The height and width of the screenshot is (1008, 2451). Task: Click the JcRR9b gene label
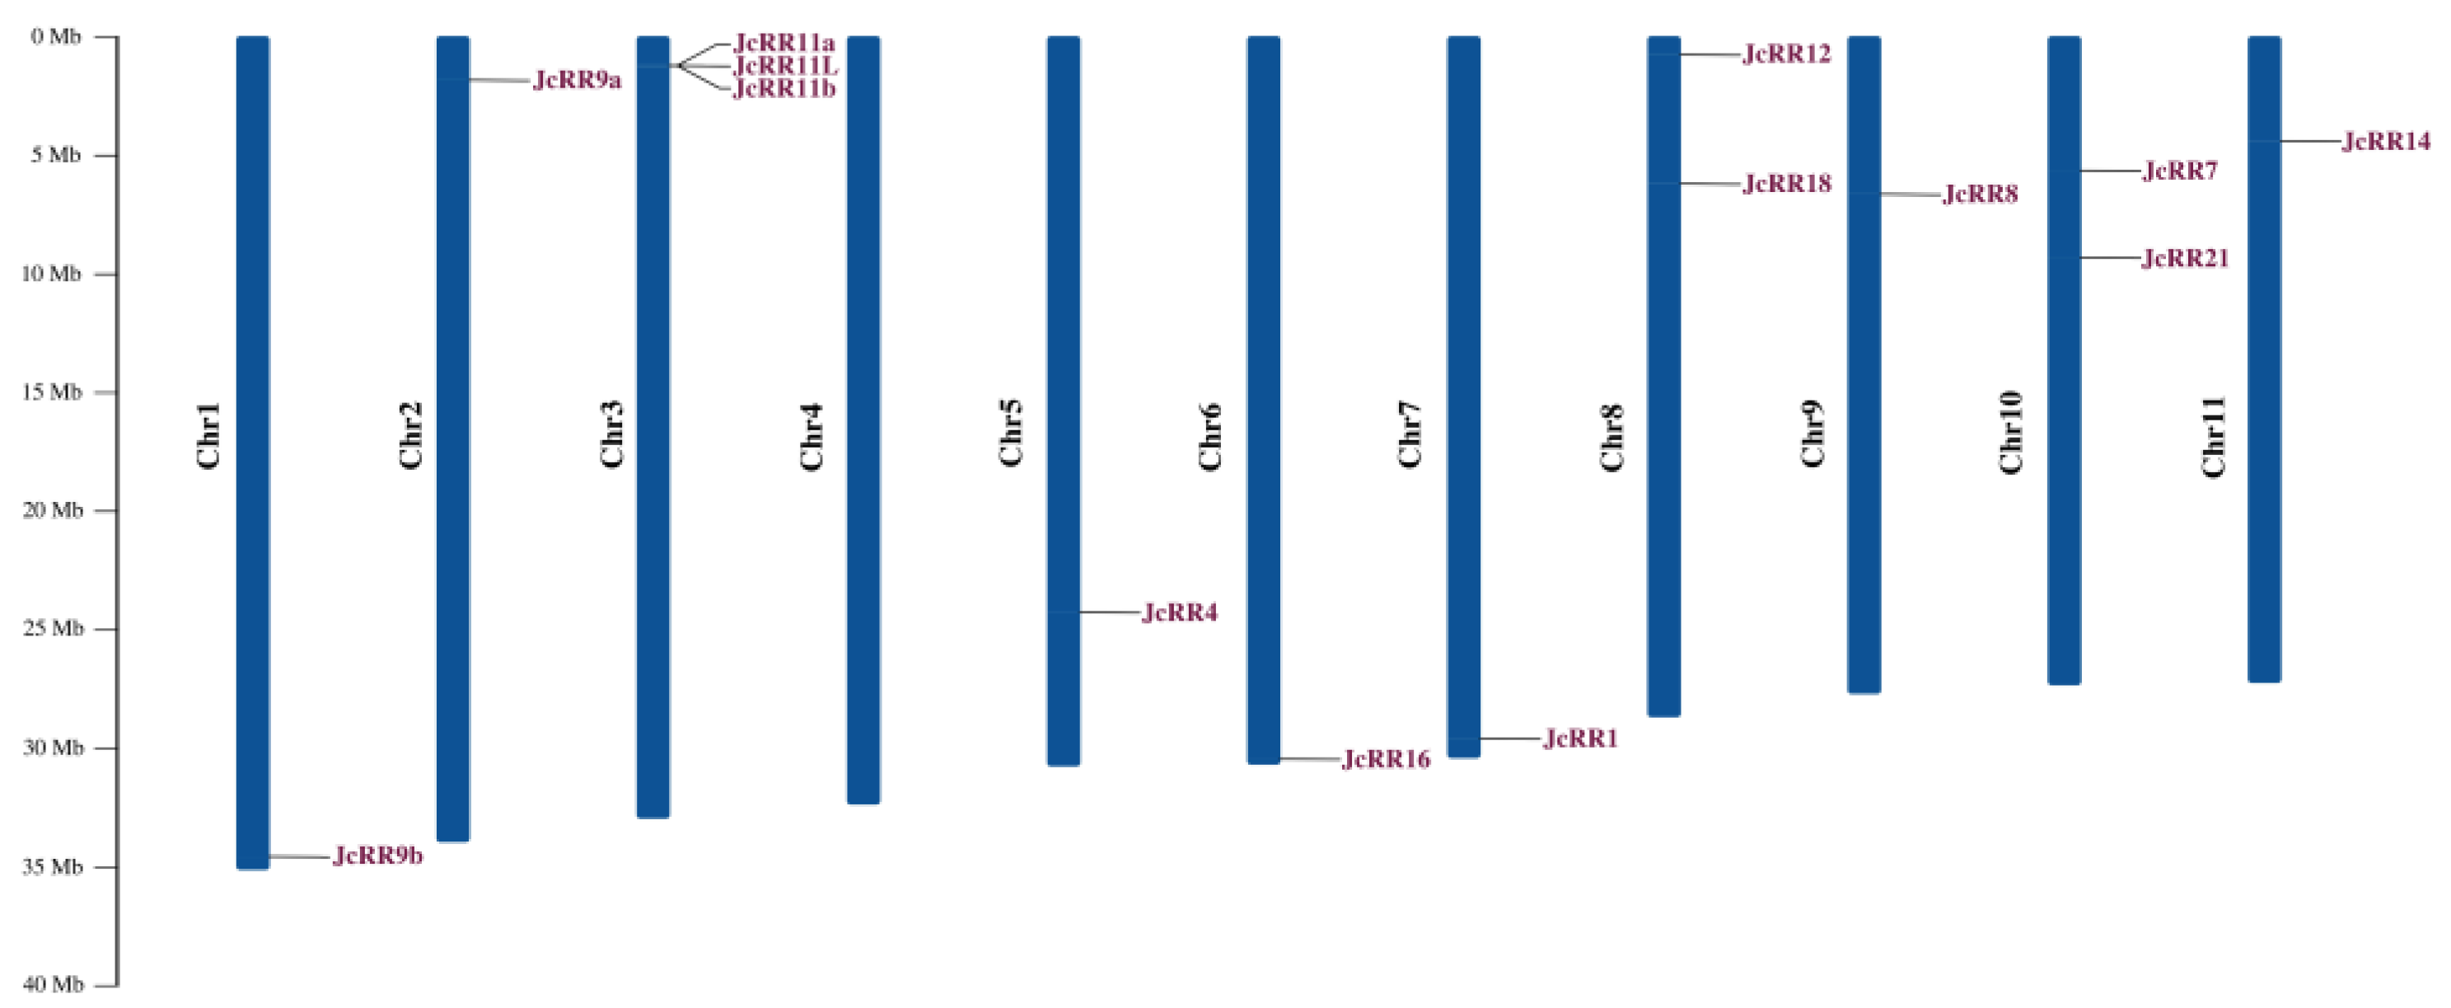(377, 856)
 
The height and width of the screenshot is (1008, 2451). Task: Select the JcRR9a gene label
(577, 80)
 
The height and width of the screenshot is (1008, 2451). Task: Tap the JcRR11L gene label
(785, 66)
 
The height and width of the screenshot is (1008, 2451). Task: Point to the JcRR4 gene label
(1179, 612)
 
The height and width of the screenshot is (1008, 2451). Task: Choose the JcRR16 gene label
(1386, 760)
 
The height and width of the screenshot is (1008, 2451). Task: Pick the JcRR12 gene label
(1786, 54)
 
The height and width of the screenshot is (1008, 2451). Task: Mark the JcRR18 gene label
(1786, 184)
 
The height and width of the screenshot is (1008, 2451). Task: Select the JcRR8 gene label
(1979, 195)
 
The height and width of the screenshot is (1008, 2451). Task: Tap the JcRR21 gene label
(2185, 258)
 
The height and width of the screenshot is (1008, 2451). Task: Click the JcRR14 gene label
(2385, 142)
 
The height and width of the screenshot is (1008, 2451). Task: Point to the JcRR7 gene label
(2180, 171)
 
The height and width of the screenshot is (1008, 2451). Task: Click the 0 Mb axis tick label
(55, 37)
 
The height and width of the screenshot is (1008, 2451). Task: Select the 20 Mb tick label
(53, 510)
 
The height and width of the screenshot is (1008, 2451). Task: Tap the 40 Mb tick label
(53, 984)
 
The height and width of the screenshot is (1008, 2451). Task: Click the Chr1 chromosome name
(208, 435)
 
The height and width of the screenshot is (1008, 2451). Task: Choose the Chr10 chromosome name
(2010, 432)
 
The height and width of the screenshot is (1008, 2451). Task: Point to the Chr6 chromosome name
(1209, 436)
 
